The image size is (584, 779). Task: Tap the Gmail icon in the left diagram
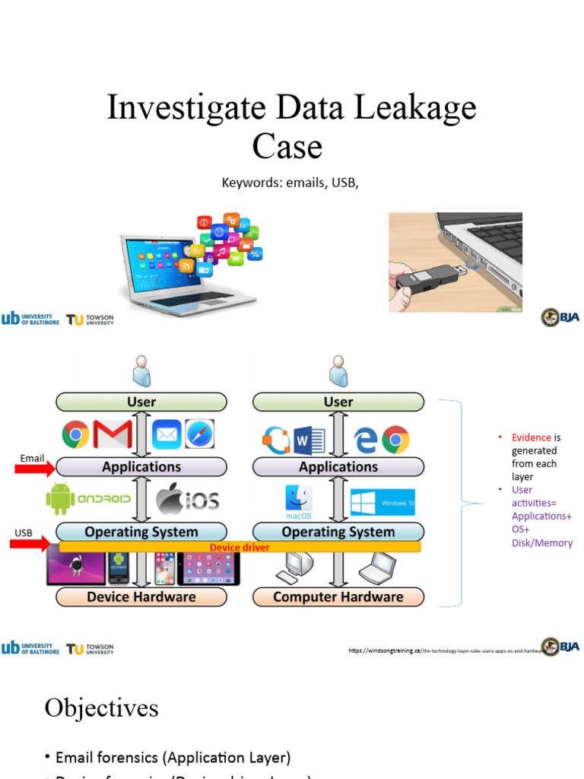pyautogui.click(x=113, y=435)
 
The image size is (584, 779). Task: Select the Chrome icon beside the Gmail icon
pyautogui.click(x=75, y=435)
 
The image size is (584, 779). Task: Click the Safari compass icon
pyautogui.click(x=200, y=434)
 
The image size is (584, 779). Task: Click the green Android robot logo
pyautogui.click(x=60, y=499)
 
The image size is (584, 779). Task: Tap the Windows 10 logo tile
pyautogui.click(x=382, y=503)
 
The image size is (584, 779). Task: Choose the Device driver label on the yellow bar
pyautogui.click(x=240, y=547)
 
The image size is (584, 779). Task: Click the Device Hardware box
pyautogui.click(x=141, y=596)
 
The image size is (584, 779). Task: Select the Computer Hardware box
pyautogui.click(x=338, y=596)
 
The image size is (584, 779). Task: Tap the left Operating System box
pyautogui.click(x=141, y=532)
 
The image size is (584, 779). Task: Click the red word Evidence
pyautogui.click(x=531, y=437)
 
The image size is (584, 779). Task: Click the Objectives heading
pyautogui.click(x=101, y=707)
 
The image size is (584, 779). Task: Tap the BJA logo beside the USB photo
pyautogui.click(x=560, y=317)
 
